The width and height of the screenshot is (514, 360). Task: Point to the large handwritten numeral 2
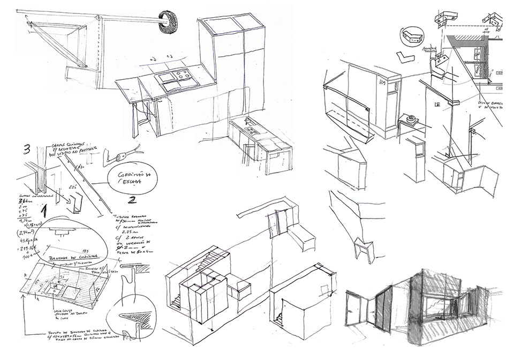click(132, 202)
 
